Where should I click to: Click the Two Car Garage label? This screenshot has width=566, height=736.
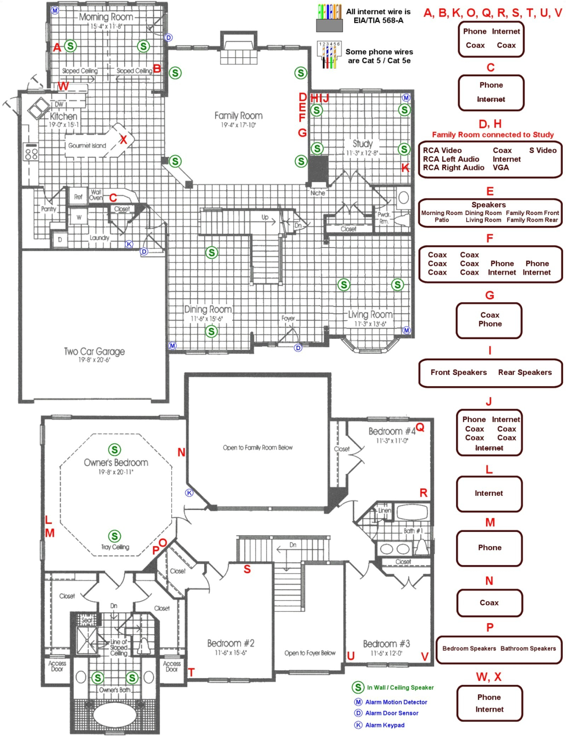(94, 352)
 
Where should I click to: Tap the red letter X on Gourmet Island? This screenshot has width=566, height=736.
(123, 139)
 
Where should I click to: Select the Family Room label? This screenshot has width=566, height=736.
(238, 116)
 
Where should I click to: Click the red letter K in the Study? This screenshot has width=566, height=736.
(405, 168)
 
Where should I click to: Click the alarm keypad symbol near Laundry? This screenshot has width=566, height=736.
(129, 244)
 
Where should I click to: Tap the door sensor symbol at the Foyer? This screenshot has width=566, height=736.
(298, 348)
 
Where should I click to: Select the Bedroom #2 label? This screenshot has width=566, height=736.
(231, 643)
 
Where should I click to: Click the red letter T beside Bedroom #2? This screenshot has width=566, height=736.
(191, 672)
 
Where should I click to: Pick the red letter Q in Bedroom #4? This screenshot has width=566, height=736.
(420, 427)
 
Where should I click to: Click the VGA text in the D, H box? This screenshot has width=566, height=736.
(501, 168)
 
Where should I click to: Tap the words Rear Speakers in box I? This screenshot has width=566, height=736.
(525, 372)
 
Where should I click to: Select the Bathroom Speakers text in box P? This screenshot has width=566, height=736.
(528, 648)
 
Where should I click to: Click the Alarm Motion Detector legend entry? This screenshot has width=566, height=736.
(396, 702)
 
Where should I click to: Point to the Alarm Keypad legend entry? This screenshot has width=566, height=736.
(385, 725)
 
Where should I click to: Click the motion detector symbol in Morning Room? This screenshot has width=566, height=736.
(55, 10)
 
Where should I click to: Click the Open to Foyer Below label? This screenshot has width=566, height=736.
(310, 653)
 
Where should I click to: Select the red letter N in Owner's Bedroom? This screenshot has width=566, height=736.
(181, 452)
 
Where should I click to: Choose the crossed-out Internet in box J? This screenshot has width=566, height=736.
(489, 448)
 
